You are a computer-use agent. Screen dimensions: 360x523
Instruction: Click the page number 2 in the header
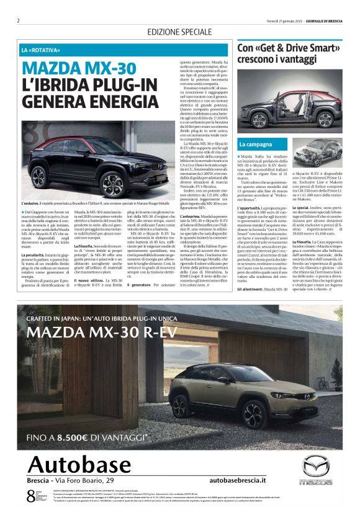[x=19, y=20]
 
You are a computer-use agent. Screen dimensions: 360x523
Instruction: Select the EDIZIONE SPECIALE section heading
[x=179, y=32]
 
